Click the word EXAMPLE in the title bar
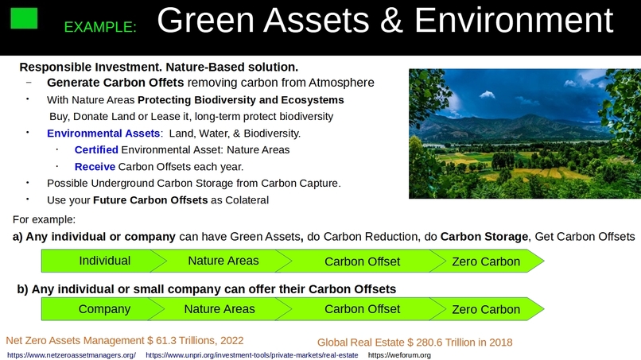(x=99, y=27)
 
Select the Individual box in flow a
(x=104, y=261)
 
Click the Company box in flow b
(x=104, y=308)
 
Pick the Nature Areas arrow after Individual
(x=223, y=261)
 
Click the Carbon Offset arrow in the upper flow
(x=362, y=261)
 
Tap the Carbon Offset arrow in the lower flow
(x=362, y=309)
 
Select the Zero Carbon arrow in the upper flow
(x=486, y=261)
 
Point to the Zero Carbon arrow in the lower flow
(x=486, y=309)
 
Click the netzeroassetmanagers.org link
(x=72, y=354)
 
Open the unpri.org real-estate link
(x=251, y=354)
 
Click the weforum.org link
(x=399, y=354)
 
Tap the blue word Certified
(x=96, y=149)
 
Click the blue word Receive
(x=95, y=166)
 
